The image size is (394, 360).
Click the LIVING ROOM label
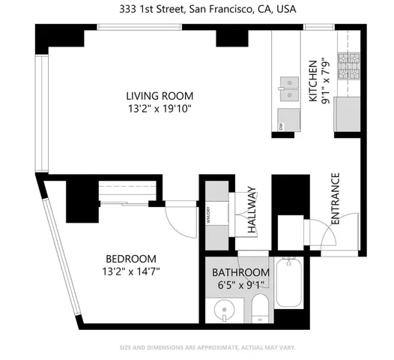click(x=160, y=96)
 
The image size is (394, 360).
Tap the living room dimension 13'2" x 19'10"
click(x=160, y=108)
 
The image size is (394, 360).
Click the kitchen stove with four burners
click(x=349, y=66)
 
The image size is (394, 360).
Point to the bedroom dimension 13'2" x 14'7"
click(x=132, y=271)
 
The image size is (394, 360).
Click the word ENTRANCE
click(x=335, y=198)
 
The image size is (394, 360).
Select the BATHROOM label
click(x=240, y=271)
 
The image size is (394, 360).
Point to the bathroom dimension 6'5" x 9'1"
click(x=240, y=284)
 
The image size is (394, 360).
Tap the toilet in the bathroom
click(x=259, y=307)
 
